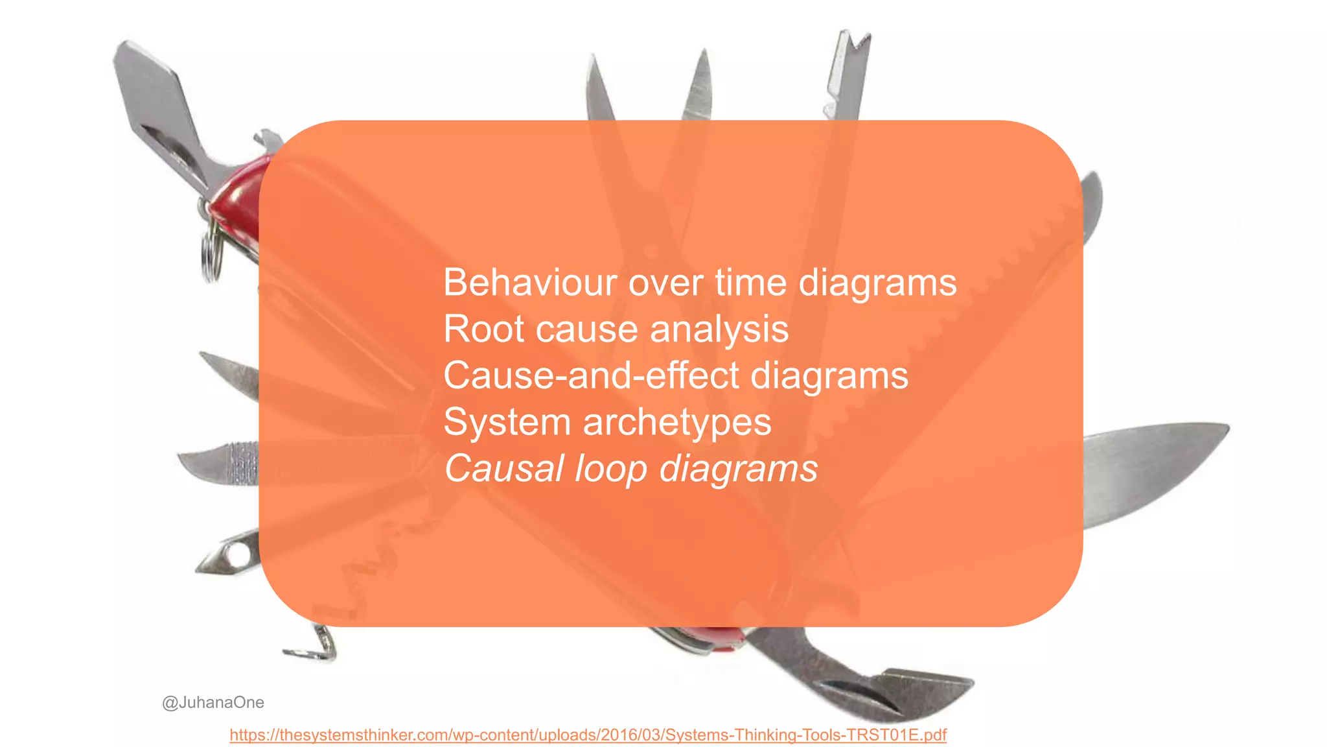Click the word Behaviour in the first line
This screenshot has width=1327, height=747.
pos(529,283)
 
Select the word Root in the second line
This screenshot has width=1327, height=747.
pos(483,329)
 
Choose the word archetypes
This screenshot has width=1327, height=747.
pos(677,422)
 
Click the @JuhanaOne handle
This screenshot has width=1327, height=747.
pos(213,702)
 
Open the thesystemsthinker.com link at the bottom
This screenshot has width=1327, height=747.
pos(588,735)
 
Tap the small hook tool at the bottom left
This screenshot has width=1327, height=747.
pos(314,648)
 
